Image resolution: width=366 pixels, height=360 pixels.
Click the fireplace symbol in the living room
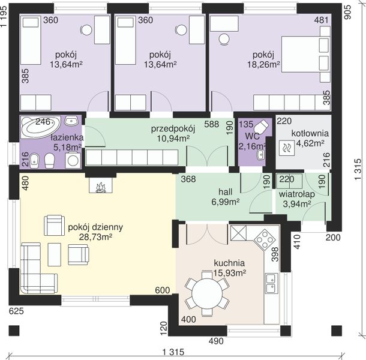point(101,185)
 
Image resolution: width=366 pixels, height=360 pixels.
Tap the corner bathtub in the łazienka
point(41,127)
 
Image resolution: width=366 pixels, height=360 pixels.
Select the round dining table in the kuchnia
point(207,293)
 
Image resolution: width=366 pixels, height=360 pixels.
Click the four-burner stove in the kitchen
point(265,239)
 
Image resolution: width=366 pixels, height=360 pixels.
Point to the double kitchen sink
point(272,283)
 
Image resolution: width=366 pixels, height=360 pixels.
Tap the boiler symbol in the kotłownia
point(287,148)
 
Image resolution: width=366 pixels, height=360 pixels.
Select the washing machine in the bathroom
point(73,160)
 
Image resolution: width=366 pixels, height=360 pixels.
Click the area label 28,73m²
point(96,237)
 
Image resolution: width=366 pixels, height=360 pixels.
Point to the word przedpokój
point(173,129)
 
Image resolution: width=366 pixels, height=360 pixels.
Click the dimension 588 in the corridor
point(211,124)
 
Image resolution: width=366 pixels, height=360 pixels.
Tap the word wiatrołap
point(297,194)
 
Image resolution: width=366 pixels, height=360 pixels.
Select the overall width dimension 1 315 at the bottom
point(173,352)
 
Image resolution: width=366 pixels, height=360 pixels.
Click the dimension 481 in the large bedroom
point(321,20)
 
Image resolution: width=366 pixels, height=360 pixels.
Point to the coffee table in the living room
point(55,254)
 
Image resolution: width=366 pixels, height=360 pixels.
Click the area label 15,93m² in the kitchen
point(230,272)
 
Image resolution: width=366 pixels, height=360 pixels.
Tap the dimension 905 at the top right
point(347,13)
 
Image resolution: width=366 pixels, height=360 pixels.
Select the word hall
point(225,192)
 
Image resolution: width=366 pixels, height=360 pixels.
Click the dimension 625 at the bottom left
point(16,311)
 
